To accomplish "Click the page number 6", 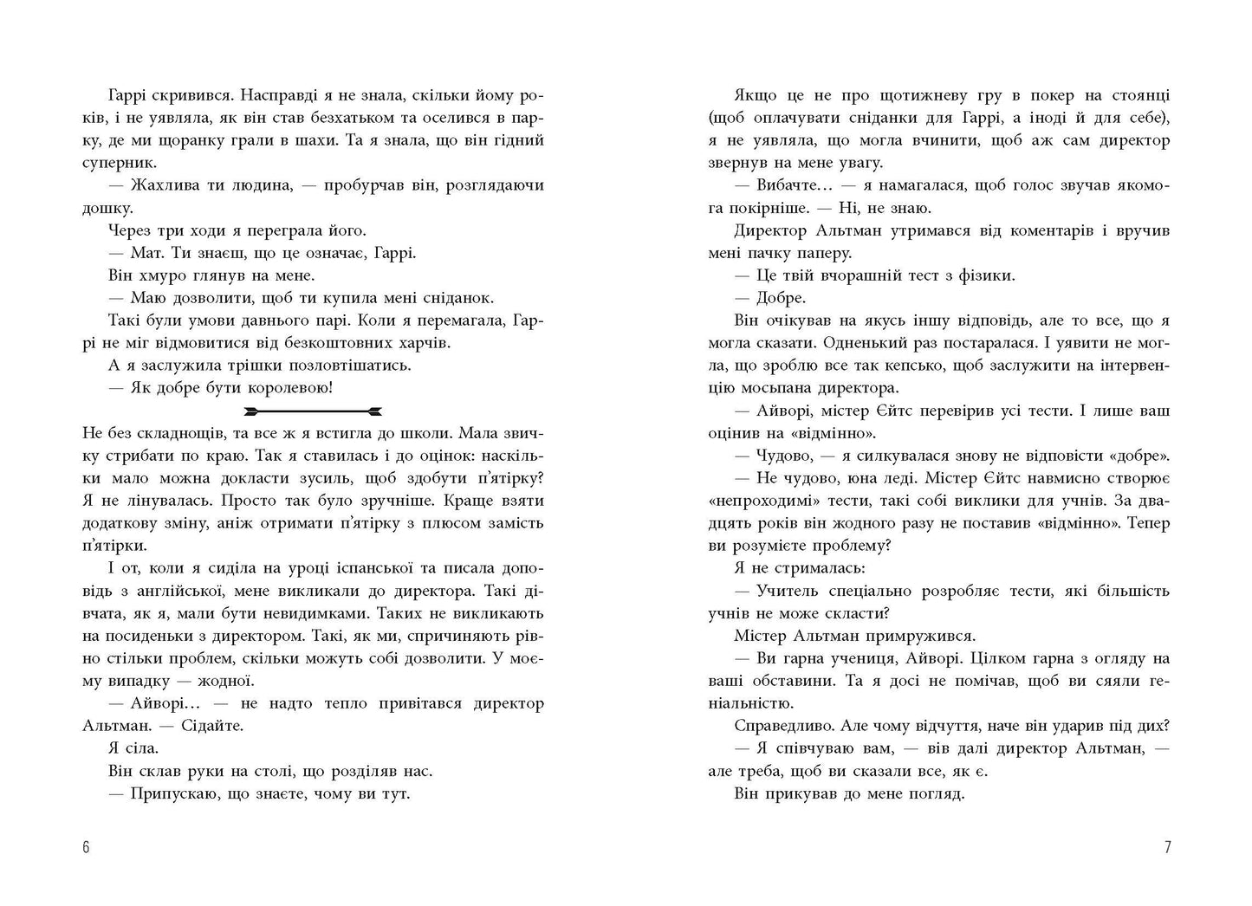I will [86, 847].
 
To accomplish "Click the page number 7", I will [1166, 847].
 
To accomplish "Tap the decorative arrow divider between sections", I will [313, 411].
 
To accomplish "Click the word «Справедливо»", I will [786, 726].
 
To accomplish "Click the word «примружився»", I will [918, 636].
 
